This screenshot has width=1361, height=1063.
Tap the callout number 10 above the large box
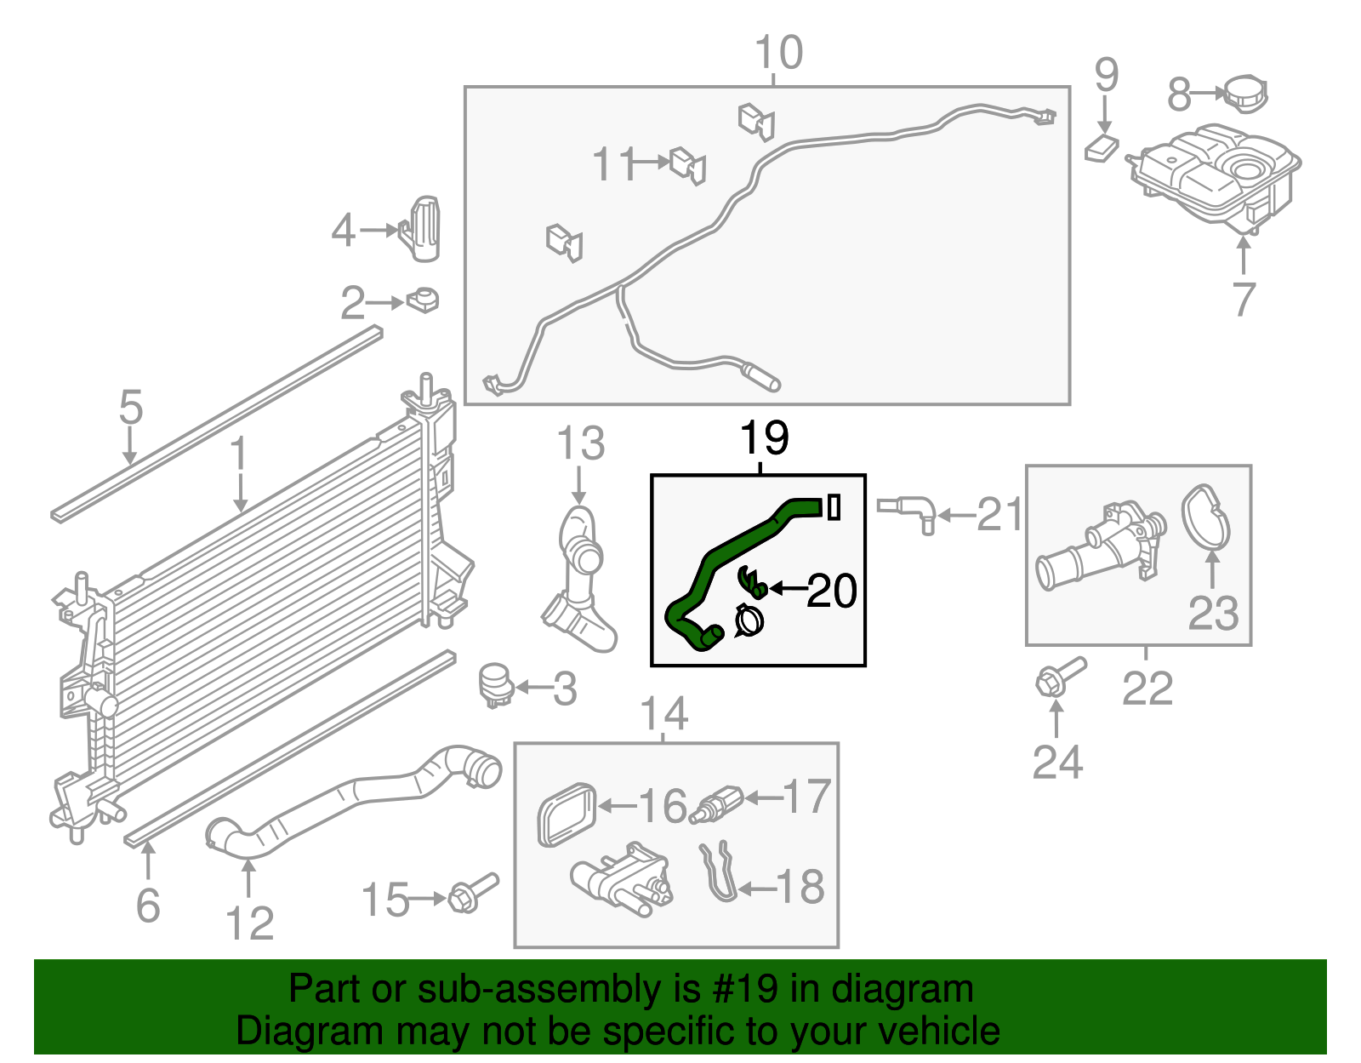click(778, 53)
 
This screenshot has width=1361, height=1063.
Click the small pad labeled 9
click(1102, 149)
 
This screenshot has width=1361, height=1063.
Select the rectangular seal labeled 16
click(566, 814)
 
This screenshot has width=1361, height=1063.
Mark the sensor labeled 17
click(716, 804)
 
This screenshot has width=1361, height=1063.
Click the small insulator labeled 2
click(423, 300)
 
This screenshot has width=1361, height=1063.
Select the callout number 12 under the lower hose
click(249, 923)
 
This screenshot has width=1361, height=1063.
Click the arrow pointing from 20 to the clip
click(787, 588)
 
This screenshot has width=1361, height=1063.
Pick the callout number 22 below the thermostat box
click(1147, 689)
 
